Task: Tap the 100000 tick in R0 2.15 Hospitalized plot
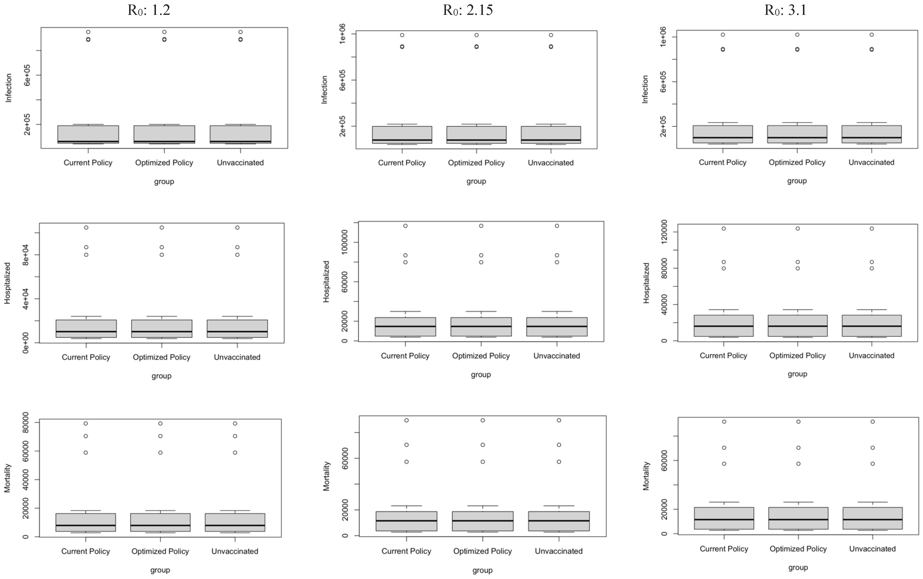click(344, 242)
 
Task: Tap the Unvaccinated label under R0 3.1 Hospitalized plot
click(871, 356)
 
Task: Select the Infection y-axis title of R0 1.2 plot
click(8, 88)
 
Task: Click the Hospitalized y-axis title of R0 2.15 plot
click(326, 282)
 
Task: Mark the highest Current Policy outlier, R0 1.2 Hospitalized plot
click(86, 228)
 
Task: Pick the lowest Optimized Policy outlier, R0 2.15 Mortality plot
click(483, 462)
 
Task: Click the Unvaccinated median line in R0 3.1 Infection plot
click(872, 137)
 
